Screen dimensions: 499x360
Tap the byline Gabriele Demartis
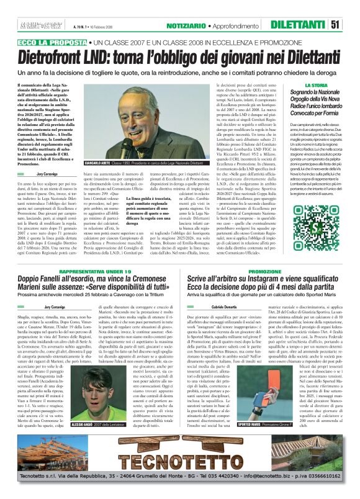225,307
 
